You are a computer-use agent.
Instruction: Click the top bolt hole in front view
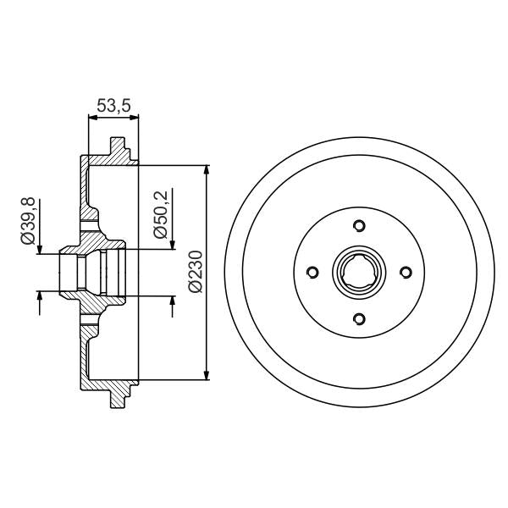tap(359, 225)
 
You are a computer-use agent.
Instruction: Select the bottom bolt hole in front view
tap(359, 318)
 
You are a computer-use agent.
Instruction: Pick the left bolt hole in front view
tap(312, 272)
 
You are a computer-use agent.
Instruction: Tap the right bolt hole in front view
tap(406, 272)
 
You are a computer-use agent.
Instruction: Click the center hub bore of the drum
tap(359, 272)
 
